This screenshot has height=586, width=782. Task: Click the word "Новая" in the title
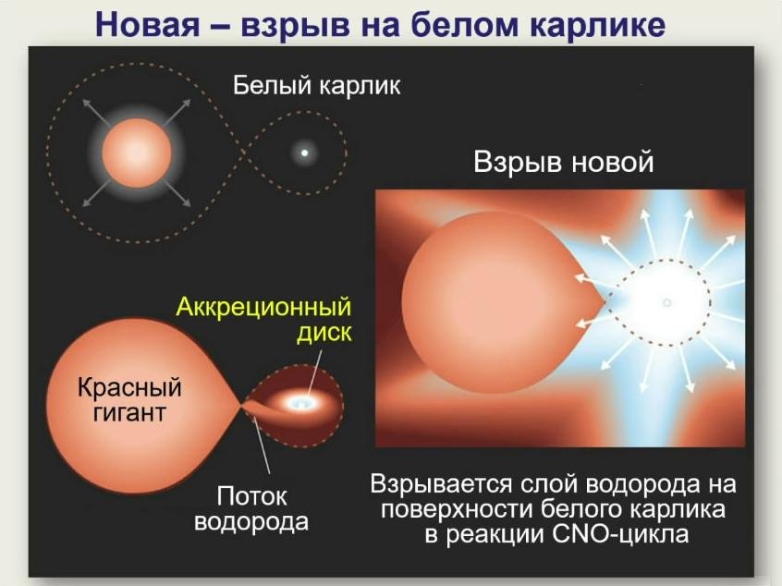pos(147,24)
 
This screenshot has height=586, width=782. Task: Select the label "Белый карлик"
pos(317,86)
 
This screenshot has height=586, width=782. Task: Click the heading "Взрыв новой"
pos(564,163)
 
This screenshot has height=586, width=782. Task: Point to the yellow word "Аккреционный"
pos(263,307)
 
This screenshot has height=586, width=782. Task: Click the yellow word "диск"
pos(324,333)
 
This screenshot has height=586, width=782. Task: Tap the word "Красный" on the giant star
pos(129,388)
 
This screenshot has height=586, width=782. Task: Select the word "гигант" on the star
pos(129,413)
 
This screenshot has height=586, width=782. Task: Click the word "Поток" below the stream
pos(251,495)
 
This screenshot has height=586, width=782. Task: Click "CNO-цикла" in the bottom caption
pos(620,534)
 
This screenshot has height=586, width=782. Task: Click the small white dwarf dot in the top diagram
pos(304,153)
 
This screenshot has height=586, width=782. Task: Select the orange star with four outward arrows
pos(137,153)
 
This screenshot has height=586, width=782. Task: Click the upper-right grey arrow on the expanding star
pos(178,112)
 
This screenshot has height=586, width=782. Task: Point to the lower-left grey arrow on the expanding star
pos(96,193)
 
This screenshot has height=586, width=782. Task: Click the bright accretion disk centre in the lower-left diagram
pos(298,402)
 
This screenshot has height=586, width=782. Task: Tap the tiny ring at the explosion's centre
pos(666,302)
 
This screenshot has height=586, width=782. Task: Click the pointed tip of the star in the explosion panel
pos(605,301)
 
